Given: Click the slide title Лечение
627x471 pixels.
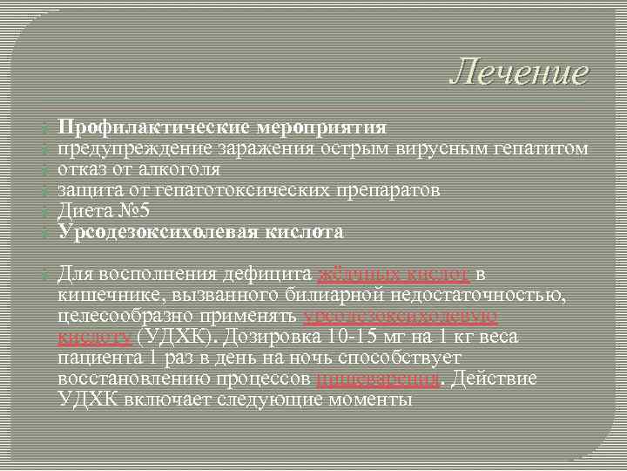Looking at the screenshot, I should [x=518, y=72].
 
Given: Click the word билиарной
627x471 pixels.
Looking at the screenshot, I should [x=334, y=296].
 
